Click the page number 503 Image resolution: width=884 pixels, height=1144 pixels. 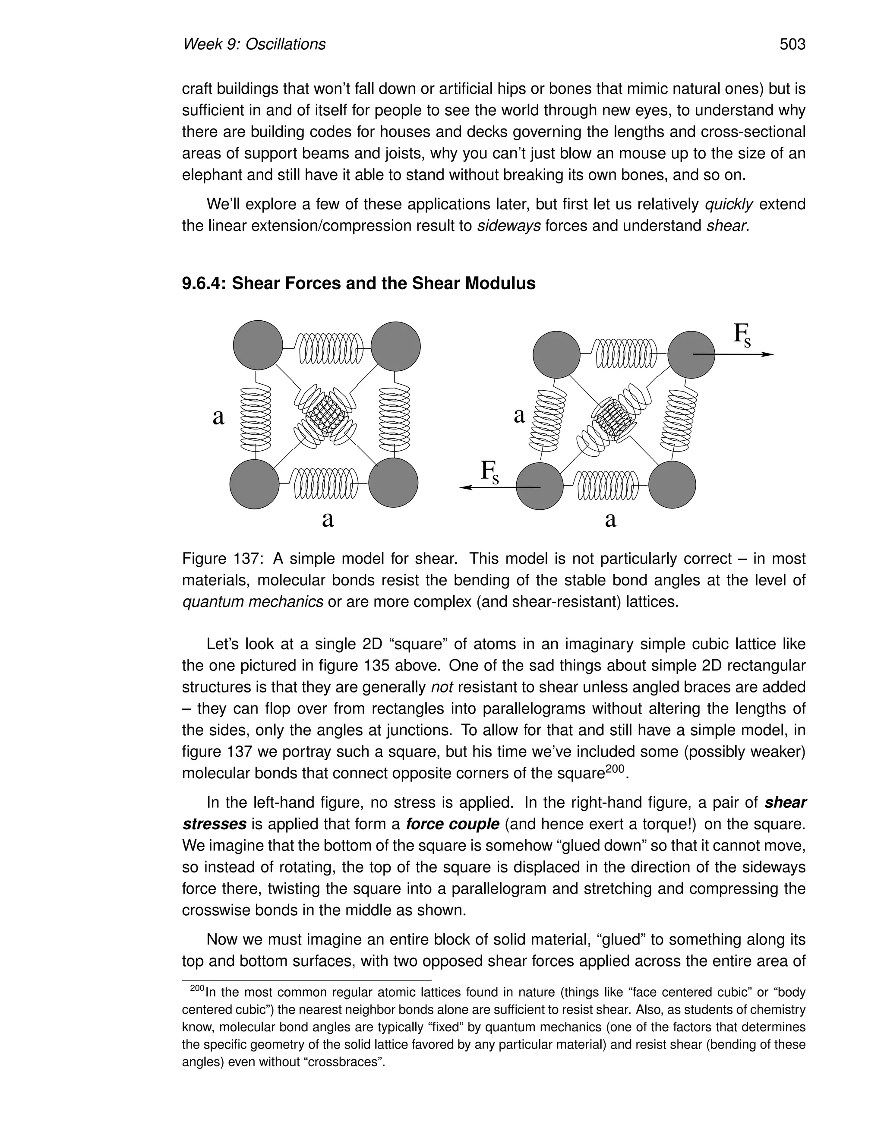[x=792, y=44]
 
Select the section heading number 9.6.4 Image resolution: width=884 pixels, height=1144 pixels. [x=204, y=283]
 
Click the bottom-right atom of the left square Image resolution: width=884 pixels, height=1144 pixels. [x=393, y=483]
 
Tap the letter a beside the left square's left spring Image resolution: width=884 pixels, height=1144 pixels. [x=218, y=417]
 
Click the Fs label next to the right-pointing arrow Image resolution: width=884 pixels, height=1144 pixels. [x=742, y=336]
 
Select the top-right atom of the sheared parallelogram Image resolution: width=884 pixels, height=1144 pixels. [x=691, y=354]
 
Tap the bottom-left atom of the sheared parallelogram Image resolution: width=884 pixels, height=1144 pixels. [x=540, y=486]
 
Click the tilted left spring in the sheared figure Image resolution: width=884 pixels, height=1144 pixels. [x=548, y=420]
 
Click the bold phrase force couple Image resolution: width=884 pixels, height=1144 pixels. [x=452, y=824]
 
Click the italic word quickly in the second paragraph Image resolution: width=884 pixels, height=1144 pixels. [x=729, y=204]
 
